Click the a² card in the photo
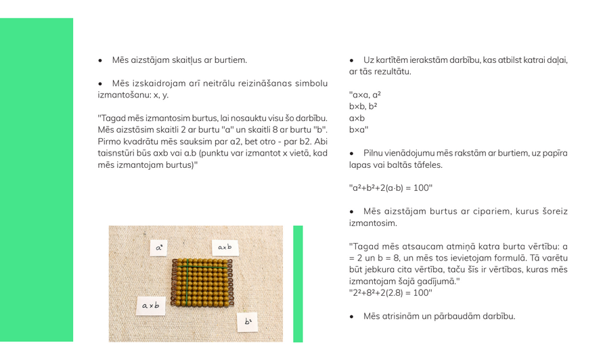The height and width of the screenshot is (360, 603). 159,248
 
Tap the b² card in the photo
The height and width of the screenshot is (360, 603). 248,321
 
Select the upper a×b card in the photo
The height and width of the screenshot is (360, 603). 225,248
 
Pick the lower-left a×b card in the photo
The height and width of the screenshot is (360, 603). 151,306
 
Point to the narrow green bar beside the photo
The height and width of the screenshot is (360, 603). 298,284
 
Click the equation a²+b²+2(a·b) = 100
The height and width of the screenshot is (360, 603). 390,187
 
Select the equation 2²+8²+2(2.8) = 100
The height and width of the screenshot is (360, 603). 390,293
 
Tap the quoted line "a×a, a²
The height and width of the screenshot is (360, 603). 365,95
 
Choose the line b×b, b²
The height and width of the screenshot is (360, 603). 363,106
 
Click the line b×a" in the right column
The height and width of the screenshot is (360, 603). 359,129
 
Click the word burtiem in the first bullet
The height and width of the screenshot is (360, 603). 231,60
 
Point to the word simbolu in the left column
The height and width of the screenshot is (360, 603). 312,83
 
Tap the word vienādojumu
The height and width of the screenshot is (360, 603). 411,153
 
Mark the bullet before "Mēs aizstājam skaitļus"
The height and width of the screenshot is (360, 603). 100,60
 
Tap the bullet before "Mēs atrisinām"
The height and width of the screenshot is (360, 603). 352,316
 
